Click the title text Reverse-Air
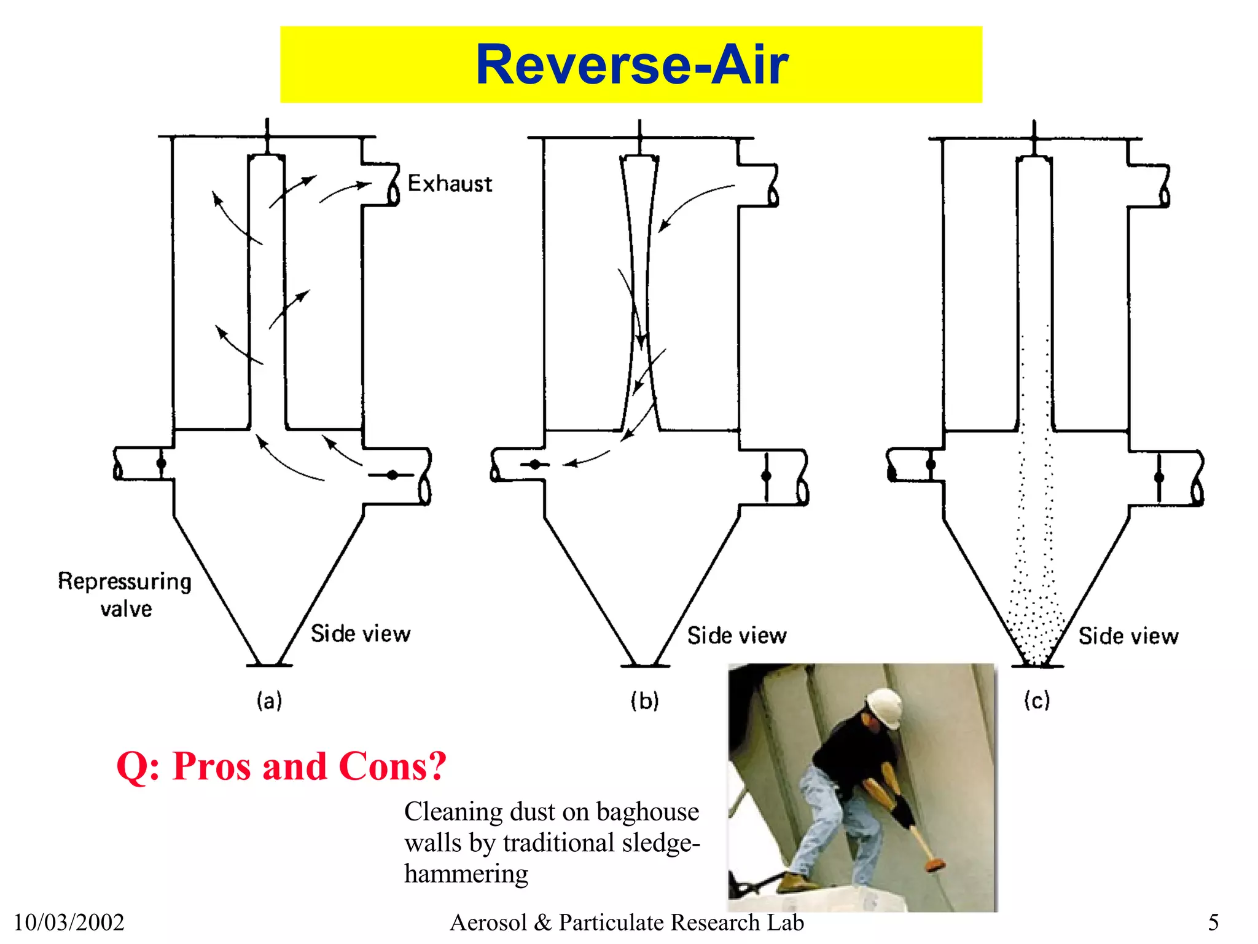[x=631, y=65]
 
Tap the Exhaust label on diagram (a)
[x=450, y=184]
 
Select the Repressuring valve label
[x=125, y=594]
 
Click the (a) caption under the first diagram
[x=269, y=701]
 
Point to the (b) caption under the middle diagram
[x=644, y=701]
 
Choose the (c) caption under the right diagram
[x=1037, y=701]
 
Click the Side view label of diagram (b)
[x=736, y=635]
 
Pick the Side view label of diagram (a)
[x=361, y=634]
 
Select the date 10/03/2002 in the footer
[x=69, y=922]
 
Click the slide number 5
[x=1213, y=922]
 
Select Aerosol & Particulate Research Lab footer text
[x=627, y=922]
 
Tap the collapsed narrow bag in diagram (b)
[x=639, y=295]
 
